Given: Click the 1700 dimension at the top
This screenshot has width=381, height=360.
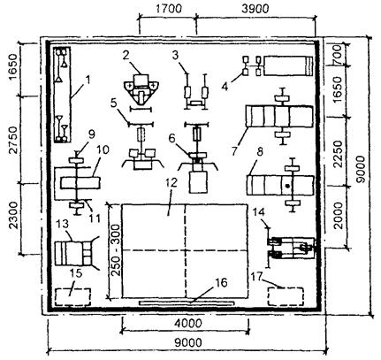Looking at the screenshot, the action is (168, 9).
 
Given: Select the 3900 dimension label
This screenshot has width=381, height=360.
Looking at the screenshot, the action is (255, 9).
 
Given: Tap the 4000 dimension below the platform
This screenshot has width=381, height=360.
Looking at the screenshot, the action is (188, 324).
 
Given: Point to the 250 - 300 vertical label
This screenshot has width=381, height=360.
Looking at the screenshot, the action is (116, 250).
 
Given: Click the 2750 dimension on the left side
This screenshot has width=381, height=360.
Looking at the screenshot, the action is (13, 141).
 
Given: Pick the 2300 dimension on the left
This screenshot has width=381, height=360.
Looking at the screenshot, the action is (13, 216).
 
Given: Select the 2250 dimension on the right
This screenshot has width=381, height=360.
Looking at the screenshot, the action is (339, 154).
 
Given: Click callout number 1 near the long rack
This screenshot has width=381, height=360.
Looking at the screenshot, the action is (88, 80).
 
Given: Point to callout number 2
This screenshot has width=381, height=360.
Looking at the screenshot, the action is (126, 56).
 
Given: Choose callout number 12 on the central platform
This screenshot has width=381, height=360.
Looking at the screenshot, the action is (171, 182).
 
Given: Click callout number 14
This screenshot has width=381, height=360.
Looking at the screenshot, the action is (258, 212).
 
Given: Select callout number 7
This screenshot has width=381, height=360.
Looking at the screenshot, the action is (234, 151).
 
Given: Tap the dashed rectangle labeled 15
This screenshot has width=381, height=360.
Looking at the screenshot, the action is (72, 296).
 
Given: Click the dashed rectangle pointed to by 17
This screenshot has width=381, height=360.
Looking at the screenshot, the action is (286, 296).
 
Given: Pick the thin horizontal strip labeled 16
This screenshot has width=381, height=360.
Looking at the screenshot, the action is (187, 303).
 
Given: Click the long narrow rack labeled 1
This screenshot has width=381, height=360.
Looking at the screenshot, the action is (63, 95).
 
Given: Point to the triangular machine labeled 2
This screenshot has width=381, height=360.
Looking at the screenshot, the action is (141, 89).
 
